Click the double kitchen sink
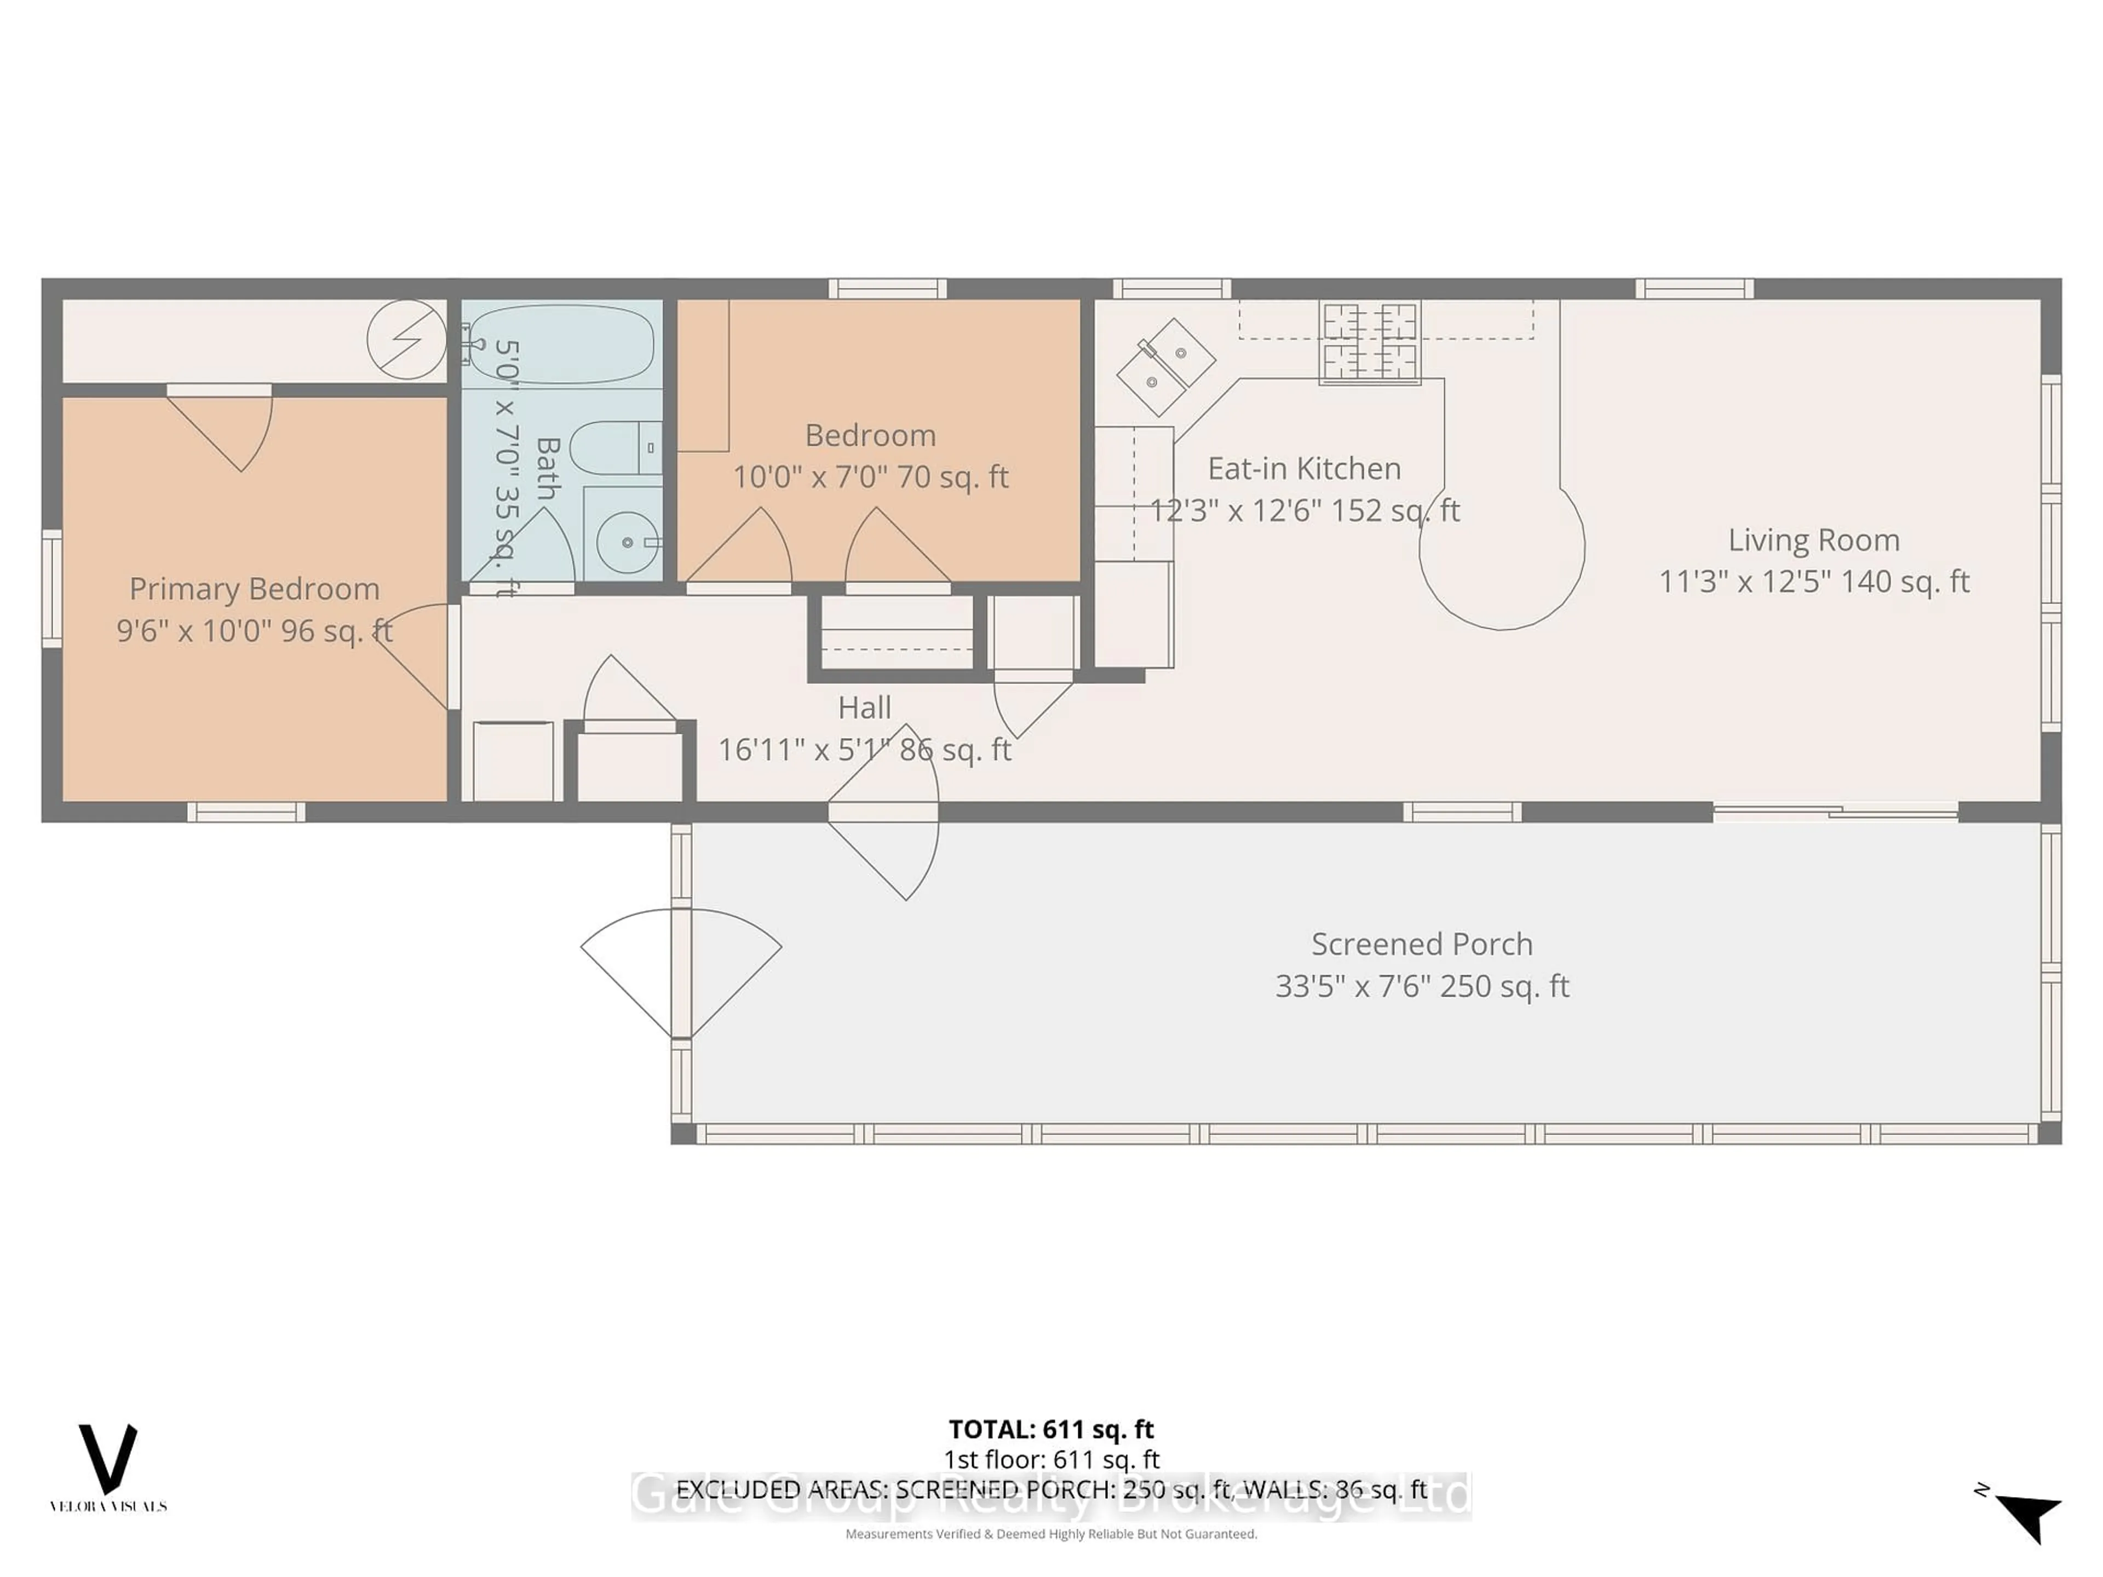point(1165,367)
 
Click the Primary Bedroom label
point(255,589)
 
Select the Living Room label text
point(1813,540)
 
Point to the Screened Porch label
point(1421,944)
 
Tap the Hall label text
point(864,707)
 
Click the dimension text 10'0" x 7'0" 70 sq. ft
point(870,476)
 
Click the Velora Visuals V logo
point(107,1459)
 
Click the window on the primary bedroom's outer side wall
point(51,589)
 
